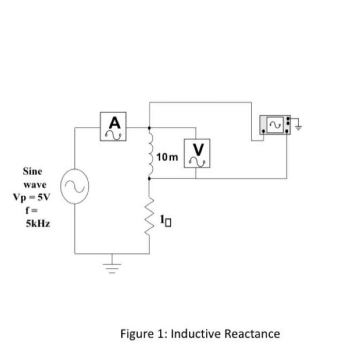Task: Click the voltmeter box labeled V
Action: (198, 153)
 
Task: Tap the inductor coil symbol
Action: (151, 153)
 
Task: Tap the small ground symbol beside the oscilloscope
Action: (298, 124)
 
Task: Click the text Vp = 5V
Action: (30, 197)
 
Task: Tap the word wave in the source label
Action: (35, 184)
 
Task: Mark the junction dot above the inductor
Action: (150, 127)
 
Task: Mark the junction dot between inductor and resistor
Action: (150, 179)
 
